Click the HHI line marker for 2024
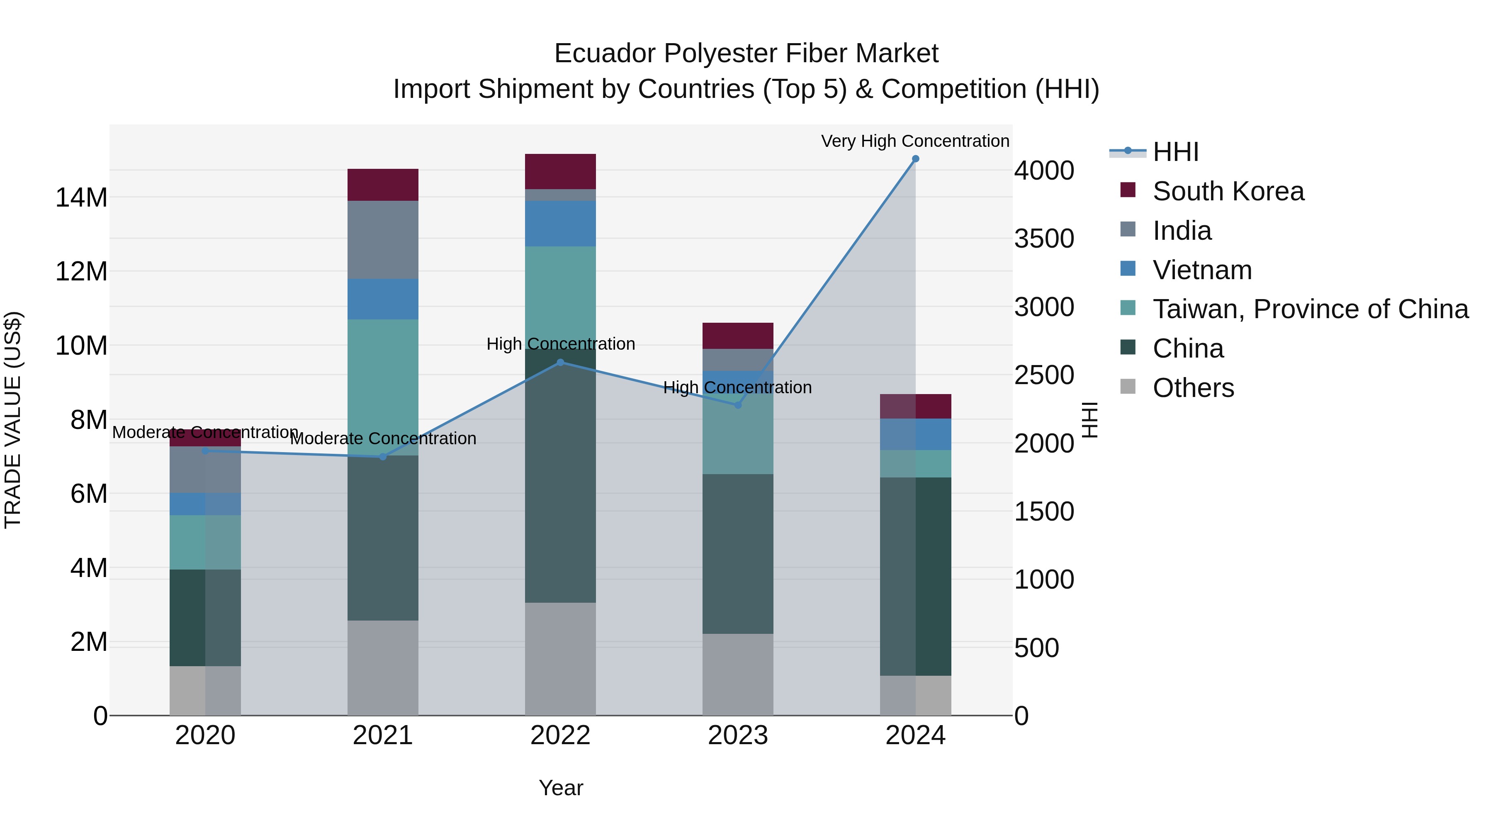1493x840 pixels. tap(915, 159)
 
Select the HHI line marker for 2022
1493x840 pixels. tap(560, 362)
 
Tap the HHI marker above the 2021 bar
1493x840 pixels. tap(382, 457)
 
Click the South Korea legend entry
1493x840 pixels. tap(1228, 191)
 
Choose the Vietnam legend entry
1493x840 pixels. tap(1201, 270)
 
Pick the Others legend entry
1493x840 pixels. tap(1193, 388)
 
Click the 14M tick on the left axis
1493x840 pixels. tap(81, 198)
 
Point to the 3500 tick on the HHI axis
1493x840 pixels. tap(1044, 239)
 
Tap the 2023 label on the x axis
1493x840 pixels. tap(737, 735)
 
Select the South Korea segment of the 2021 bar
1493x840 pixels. tap(382, 185)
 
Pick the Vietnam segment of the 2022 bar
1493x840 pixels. tap(560, 223)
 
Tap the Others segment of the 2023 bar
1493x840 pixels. tap(737, 674)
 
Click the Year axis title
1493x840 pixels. tap(560, 788)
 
